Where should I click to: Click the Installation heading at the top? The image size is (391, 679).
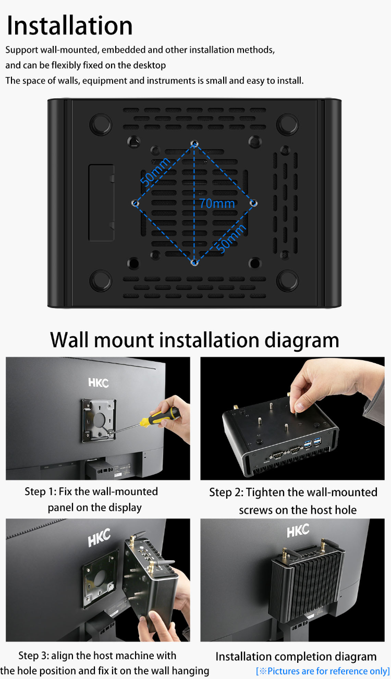tap(70, 26)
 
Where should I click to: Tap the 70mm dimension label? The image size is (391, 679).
tap(217, 203)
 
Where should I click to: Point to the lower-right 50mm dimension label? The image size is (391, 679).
tap(231, 239)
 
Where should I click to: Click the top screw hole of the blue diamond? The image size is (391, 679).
tap(194, 143)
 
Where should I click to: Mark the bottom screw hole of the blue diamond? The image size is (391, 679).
tap(194, 263)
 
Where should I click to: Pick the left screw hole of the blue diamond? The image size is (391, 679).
tap(135, 203)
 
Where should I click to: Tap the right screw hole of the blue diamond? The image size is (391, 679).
tap(254, 202)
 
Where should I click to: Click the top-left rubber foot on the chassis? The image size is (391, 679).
tap(100, 125)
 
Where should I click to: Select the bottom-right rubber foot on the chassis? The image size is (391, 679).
tap(287, 280)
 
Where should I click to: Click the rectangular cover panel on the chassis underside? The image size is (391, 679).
tap(101, 203)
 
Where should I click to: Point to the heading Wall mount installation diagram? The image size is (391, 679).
tap(194, 340)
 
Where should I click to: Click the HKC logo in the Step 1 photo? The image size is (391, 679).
tap(98, 383)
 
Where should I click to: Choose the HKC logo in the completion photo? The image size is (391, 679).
tap(298, 532)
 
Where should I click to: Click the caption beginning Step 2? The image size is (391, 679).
tap(293, 501)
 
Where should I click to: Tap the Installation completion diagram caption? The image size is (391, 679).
tap(296, 656)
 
